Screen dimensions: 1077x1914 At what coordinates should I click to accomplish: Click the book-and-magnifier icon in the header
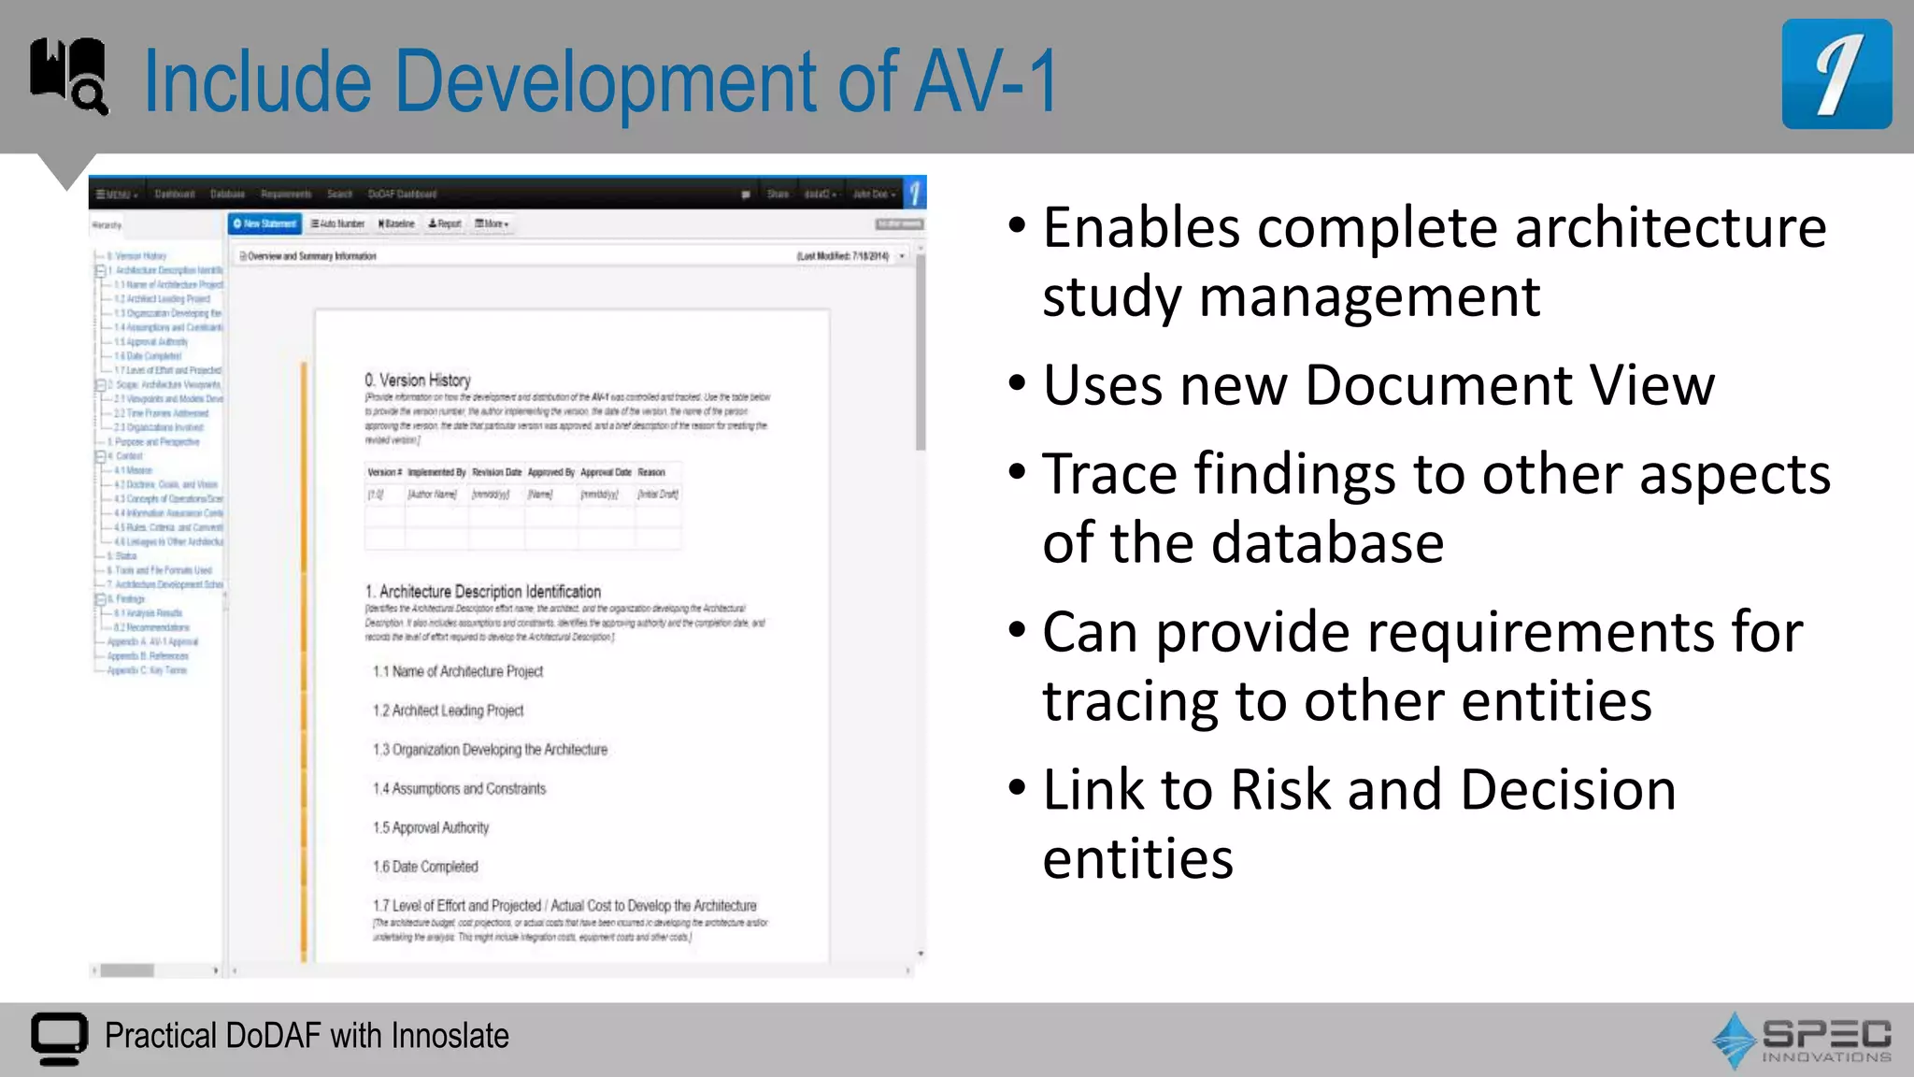tap(68, 76)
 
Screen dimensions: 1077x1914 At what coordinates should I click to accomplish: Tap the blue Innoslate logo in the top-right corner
tap(1835, 74)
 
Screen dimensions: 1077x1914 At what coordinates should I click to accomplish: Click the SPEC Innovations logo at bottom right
tap(1802, 1040)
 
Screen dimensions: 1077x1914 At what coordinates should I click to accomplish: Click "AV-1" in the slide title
tap(985, 82)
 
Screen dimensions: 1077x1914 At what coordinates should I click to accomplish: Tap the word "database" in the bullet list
tap(1327, 543)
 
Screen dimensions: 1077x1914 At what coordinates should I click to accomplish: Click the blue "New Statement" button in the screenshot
tap(265, 224)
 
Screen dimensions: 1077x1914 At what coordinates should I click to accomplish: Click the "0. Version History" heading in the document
tap(418, 381)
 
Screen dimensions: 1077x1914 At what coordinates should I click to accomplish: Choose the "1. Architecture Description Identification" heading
tap(483, 592)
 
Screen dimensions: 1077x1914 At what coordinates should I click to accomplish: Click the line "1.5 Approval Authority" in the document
tap(431, 827)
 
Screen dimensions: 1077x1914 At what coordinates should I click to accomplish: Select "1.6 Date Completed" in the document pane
tap(425, 867)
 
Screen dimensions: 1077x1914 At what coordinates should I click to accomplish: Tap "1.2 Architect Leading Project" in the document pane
tap(448, 711)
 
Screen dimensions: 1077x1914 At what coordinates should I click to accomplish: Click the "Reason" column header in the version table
tap(651, 472)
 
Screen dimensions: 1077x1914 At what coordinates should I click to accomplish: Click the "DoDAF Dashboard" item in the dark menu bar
tap(402, 194)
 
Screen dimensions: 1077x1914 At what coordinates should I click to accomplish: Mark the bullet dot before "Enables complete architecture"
tap(1018, 225)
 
